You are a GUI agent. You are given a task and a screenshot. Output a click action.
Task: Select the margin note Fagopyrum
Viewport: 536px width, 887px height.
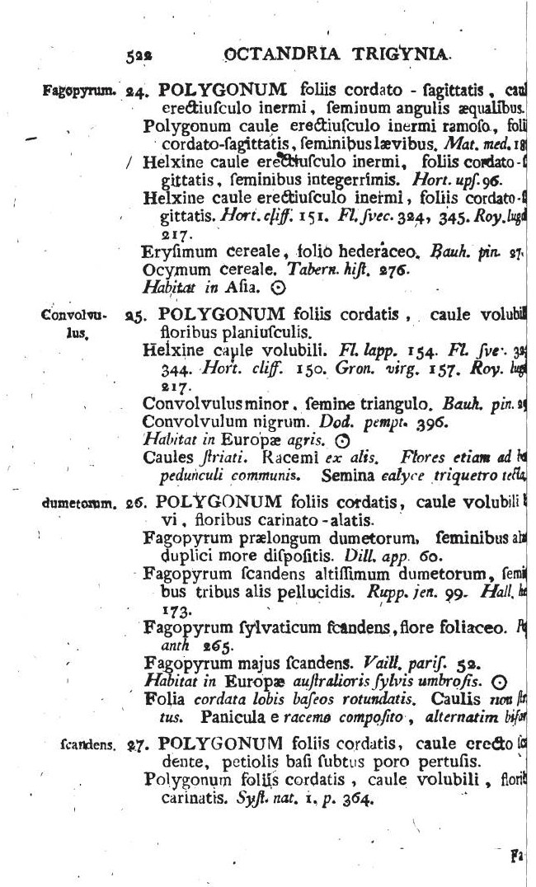click(x=71, y=90)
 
